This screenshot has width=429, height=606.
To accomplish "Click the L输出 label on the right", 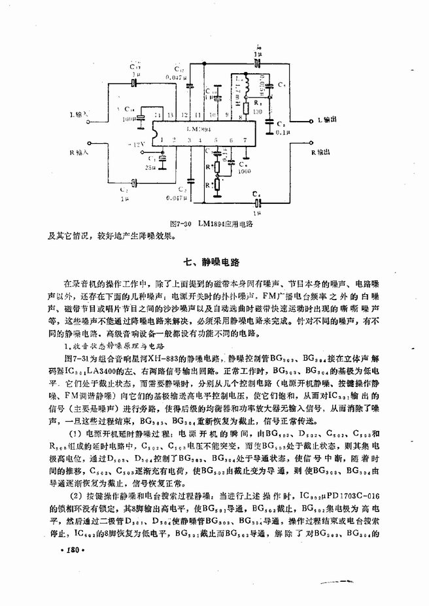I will pos(326,120).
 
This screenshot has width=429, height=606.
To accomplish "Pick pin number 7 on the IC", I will pos(243,141).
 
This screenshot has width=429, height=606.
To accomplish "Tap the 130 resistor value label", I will pos(258,112).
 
